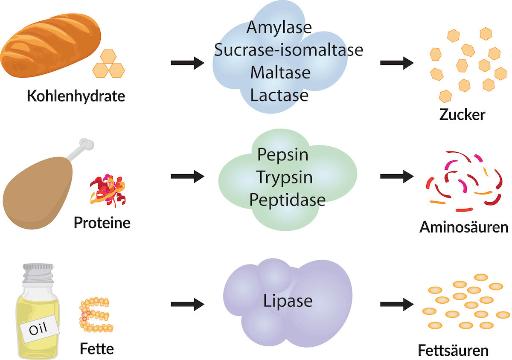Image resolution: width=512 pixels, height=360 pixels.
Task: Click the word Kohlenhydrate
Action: (76, 96)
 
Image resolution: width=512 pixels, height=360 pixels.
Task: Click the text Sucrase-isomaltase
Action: (288, 50)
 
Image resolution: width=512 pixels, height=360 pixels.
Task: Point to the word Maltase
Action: (280, 73)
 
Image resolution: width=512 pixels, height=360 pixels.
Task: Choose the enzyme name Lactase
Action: (279, 95)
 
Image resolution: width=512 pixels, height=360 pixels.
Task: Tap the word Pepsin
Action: (283, 154)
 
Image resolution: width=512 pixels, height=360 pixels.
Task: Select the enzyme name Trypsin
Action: (285, 177)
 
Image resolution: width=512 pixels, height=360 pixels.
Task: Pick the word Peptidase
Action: (287, 199)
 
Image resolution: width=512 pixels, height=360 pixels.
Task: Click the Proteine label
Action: (102, 222)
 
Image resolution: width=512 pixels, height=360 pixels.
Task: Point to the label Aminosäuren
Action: (464, 226)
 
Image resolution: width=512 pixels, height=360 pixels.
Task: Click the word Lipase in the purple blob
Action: (288, 301)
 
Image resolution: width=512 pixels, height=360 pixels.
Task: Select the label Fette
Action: (97, 348)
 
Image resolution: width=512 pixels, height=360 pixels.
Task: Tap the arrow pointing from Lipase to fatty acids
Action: (396, 304)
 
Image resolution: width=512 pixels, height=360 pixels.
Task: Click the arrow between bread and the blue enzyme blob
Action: (187, 63)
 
